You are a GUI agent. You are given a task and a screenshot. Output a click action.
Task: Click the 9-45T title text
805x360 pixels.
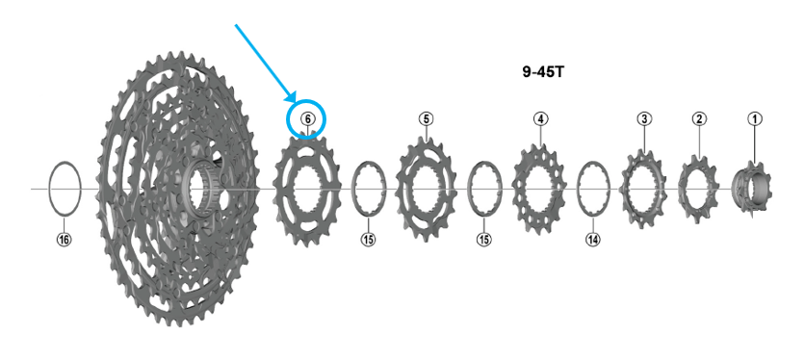[543, 72]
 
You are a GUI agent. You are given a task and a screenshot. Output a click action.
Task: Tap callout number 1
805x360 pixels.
[755, 119]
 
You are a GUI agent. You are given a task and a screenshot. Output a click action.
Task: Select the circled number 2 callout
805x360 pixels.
[699, 119]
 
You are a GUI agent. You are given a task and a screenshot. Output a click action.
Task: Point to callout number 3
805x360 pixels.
[644, 119]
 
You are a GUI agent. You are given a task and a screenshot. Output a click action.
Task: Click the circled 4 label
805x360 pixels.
[540, 119]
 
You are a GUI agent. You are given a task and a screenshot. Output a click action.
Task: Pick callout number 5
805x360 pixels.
[427, 119]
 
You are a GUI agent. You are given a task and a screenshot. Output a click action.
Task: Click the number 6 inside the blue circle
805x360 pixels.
[307, 119]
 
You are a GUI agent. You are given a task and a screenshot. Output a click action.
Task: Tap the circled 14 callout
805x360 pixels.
[593, 240]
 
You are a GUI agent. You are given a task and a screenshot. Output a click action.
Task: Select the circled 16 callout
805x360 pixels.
[65, 240]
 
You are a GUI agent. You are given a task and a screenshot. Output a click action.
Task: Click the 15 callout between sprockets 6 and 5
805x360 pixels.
[368, 240]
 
